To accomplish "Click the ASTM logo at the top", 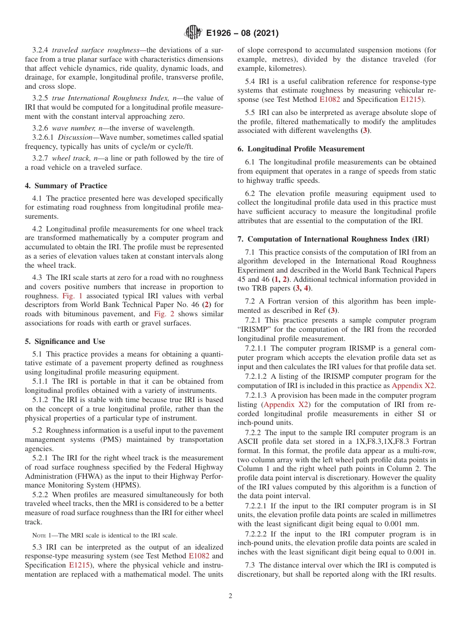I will click(x=193, y=33).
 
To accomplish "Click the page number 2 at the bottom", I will click(x=230, y=596).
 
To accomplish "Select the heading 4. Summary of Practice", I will click(x=66, y=186).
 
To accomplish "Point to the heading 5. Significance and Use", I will click(x=65, y=341).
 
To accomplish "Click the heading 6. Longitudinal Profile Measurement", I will click(x=301, y=149).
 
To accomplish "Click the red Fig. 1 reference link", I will click(x=71, y=296).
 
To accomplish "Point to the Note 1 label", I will click(x=41, y=535).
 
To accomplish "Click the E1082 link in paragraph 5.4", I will click(x=328, y=99).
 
